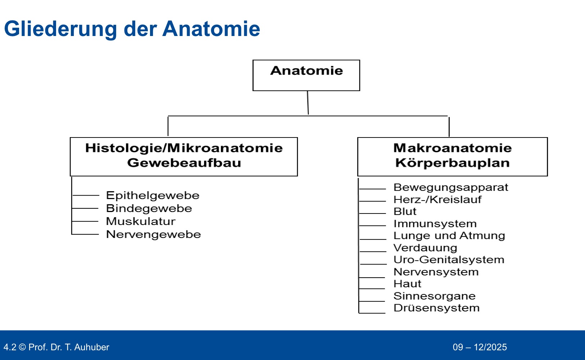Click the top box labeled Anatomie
tap(306, 75)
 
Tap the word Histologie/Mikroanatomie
tap(184, 148)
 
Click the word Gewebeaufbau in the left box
tap(184, 163)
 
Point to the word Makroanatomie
tap(452, 148)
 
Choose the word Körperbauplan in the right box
tap(452, 163)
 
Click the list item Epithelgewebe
tap(153, 195)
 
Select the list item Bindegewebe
tap(149, 208)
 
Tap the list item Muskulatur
tap(141, 221)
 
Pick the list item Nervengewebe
tap(153, 234)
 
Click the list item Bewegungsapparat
tap(450, 187)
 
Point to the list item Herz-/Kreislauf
tap(437, 199)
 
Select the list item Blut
tap(405, 211)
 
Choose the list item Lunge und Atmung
tap(449, 235)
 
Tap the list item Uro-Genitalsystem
tap(449, 260)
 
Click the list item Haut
tap(407, 284)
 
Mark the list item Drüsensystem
tap(436, 308)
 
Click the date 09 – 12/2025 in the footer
tap(480, 347)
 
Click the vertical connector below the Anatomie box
tap(308, 103)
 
